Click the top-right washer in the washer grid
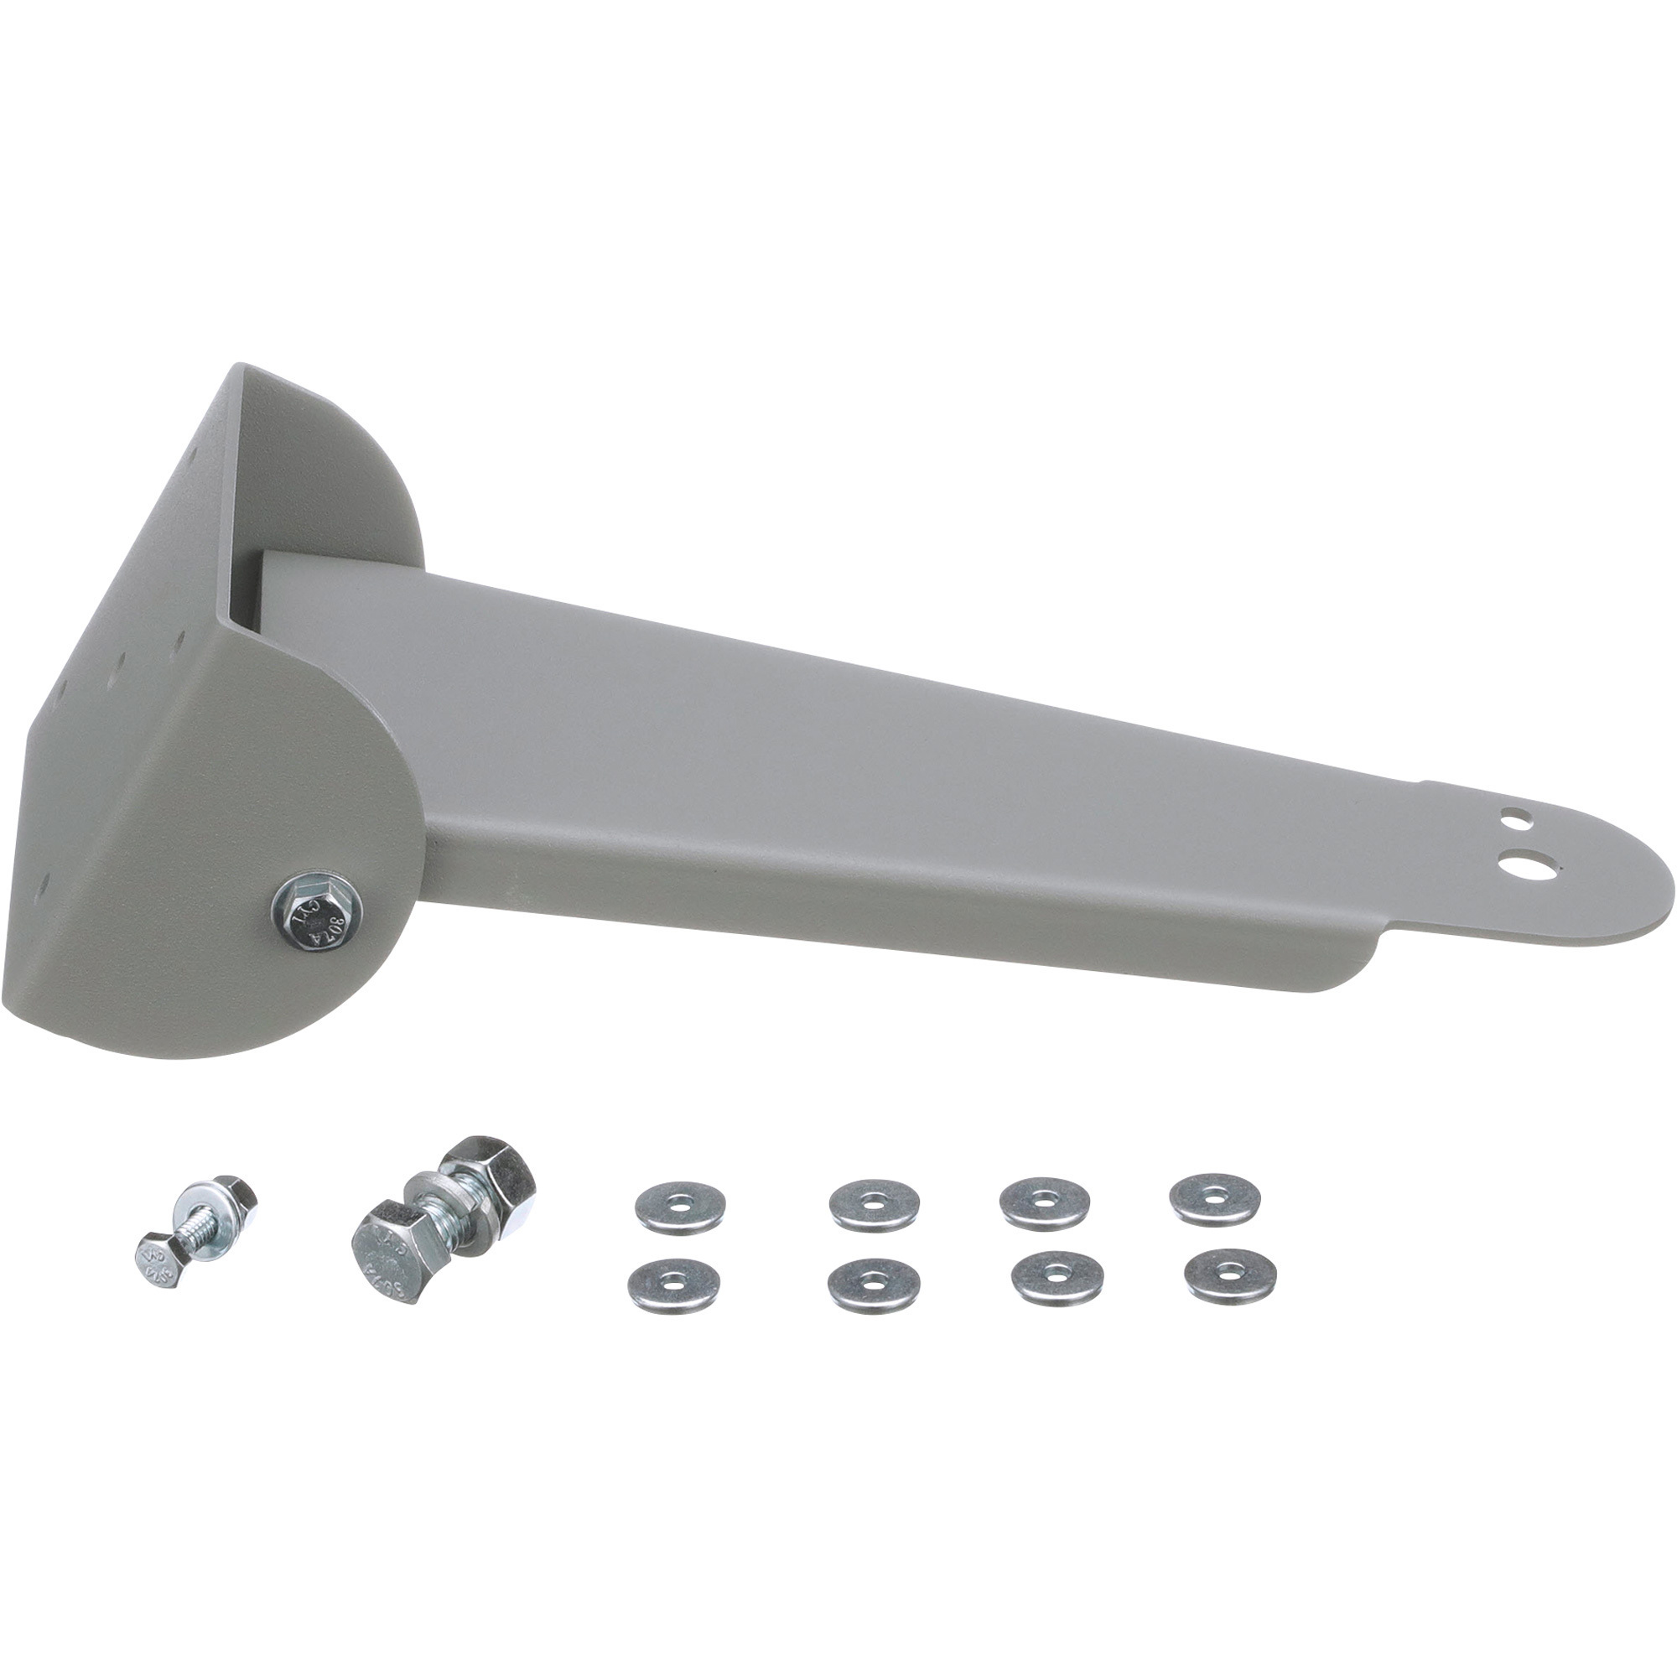pyautogui.click(x=1215, y=1199)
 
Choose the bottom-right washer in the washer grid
pyautogui.click(x=1230, y=1275)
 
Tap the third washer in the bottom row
pyautogui.click(x=1058, y=1276)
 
